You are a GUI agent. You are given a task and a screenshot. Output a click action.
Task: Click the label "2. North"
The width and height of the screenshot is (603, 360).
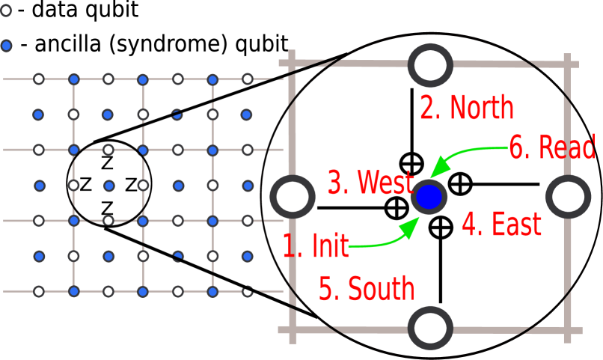(x=466, y=108)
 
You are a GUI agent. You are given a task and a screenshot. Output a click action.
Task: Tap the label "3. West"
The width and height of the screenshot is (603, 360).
(x=370, y=183)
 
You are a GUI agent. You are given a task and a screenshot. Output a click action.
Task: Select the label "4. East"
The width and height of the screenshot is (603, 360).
(x=501, y=225)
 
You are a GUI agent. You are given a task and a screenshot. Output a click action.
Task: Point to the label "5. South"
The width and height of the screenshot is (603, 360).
(x=367, y=289)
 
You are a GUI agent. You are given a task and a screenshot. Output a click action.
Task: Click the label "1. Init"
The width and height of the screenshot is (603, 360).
(x=315, y=245)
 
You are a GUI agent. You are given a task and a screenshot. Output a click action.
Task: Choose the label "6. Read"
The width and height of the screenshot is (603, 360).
(x=552, y=147)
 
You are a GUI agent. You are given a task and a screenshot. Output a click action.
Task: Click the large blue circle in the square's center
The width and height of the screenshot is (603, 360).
(x=429, y=197)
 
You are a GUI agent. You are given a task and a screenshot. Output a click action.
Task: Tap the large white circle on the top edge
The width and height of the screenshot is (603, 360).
(x=430, y=65)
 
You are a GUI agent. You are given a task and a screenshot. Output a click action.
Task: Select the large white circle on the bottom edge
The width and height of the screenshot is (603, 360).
(x=430, y=328)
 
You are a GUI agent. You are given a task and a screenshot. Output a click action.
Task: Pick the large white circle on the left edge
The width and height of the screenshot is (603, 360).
(x=293, y=197)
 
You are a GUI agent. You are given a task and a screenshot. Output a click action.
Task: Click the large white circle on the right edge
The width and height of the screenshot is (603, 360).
(x=569, y=197)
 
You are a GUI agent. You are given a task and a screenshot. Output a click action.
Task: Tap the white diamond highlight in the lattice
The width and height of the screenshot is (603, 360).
(x=212, y=150)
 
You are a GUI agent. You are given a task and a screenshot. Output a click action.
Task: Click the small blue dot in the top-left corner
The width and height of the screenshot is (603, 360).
(x=6, y=46)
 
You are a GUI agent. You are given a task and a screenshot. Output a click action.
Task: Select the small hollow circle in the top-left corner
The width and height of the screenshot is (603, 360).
(x=6, y=11)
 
